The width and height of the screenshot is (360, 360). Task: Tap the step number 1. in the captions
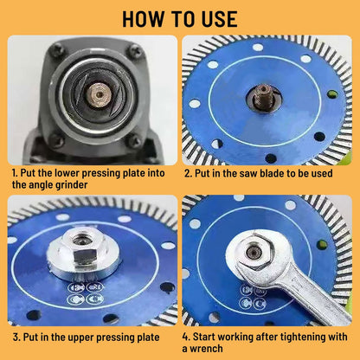[x=16, y=171]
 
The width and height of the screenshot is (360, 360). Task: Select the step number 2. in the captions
[x=189, y=171]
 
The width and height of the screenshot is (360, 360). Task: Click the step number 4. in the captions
[x=188, y=336]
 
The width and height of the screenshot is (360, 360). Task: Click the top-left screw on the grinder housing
[x=47, y=52]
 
